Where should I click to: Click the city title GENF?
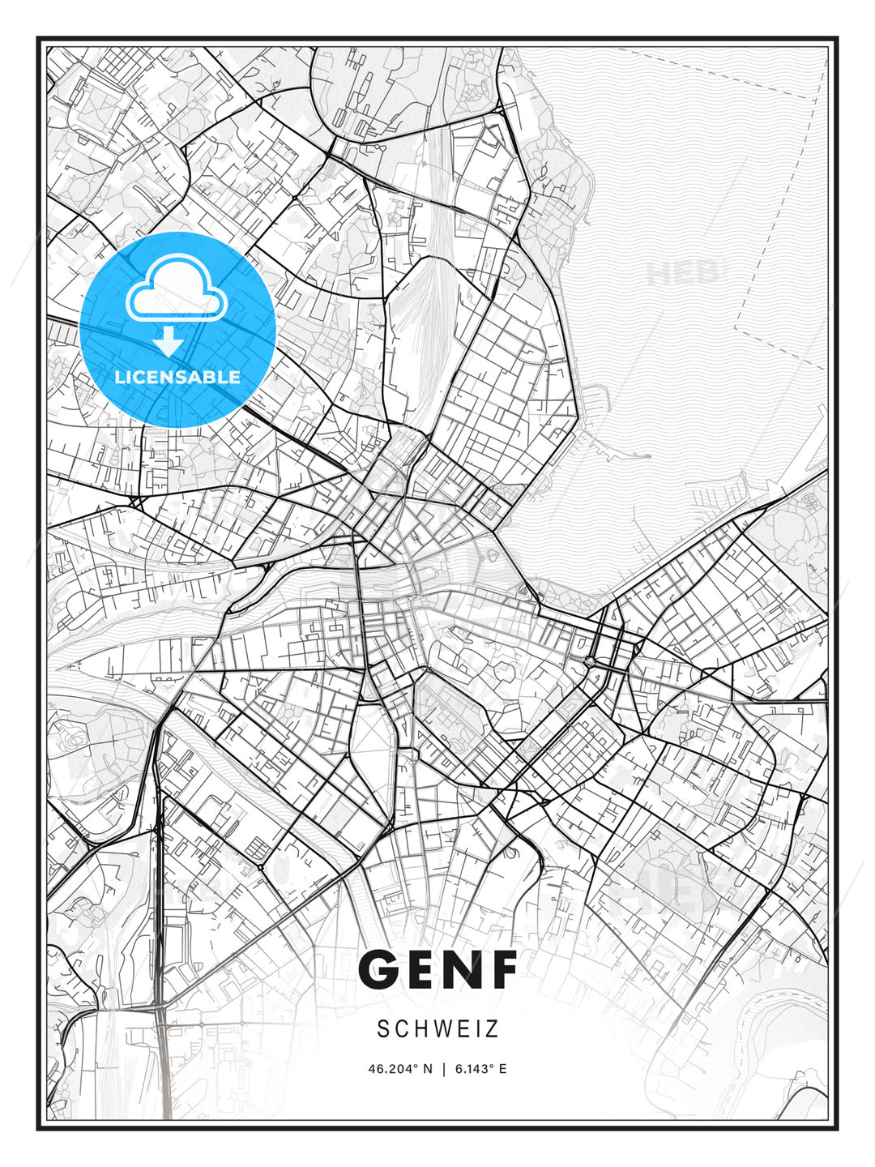tap(437, 969)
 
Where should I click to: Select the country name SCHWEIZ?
tap(437, 1029)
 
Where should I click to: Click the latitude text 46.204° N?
tap(400, 1069)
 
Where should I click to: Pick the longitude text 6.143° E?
tap(480, 1069)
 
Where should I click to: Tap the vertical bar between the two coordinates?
tap(443, 1069)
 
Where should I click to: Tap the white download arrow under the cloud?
tap(169, 341)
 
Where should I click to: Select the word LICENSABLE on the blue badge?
tap(177, 377)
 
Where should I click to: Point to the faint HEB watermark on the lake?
tap(685, 274)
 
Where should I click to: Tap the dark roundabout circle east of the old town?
tap(591, 662)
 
